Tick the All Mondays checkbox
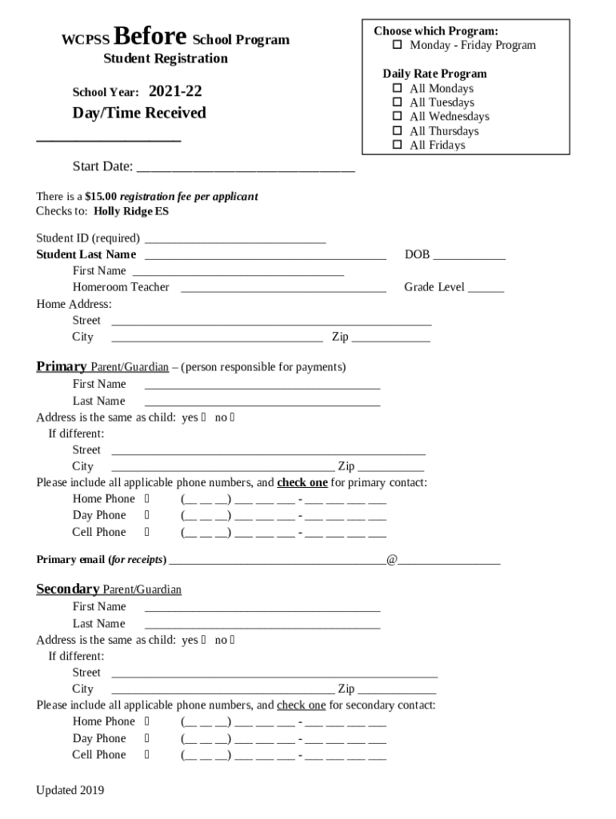(x=398, y=89)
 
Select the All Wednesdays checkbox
(x=398, y=117)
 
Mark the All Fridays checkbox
(x=398, y=146)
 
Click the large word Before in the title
(x=151, y=37)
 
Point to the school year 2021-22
(x=175, y=92)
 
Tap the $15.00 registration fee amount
(x=101, y=197)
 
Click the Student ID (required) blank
(x=235, y=240)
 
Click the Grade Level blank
(x=486, y=290)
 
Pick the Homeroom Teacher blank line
(x=283, y=290)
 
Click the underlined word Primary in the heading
(x=62, y=367)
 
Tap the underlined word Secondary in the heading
(x=68, y=589)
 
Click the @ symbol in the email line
(x=392, y=560)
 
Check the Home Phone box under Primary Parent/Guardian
(x=147, y=499)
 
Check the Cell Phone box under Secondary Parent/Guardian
(x=147, y=755)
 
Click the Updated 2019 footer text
(x=70, y=791)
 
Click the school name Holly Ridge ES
(x=131, y=212)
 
